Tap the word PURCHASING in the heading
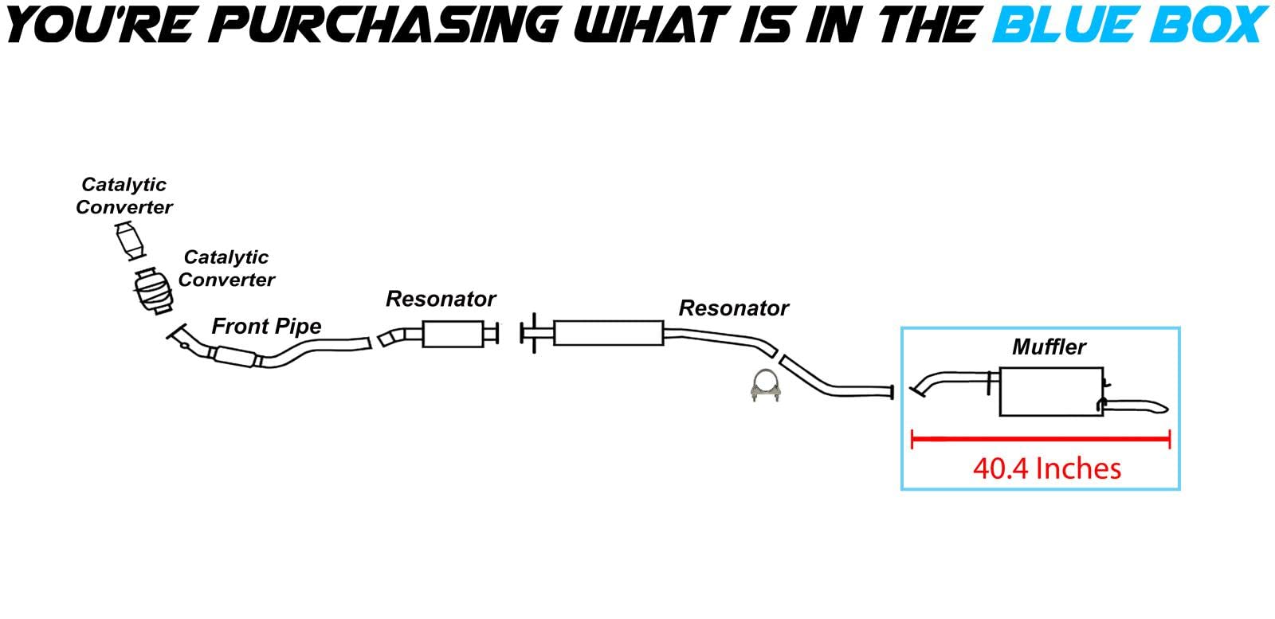tap(388, 23)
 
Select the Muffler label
tap(1049, 347)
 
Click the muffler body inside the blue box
tap(1050, 392)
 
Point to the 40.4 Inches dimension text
tap(1046, 468)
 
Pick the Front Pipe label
tap(266, 326)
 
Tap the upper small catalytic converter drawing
tap(131, 241)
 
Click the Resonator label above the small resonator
tap(441, 299)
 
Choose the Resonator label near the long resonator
tap(733, 308)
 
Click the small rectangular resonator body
tap(453, 334)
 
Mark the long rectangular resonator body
tap(608, 333)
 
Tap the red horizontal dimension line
tap(1040, 438)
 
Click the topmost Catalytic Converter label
tap(124, 196)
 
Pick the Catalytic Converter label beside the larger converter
tap(226, 268)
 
